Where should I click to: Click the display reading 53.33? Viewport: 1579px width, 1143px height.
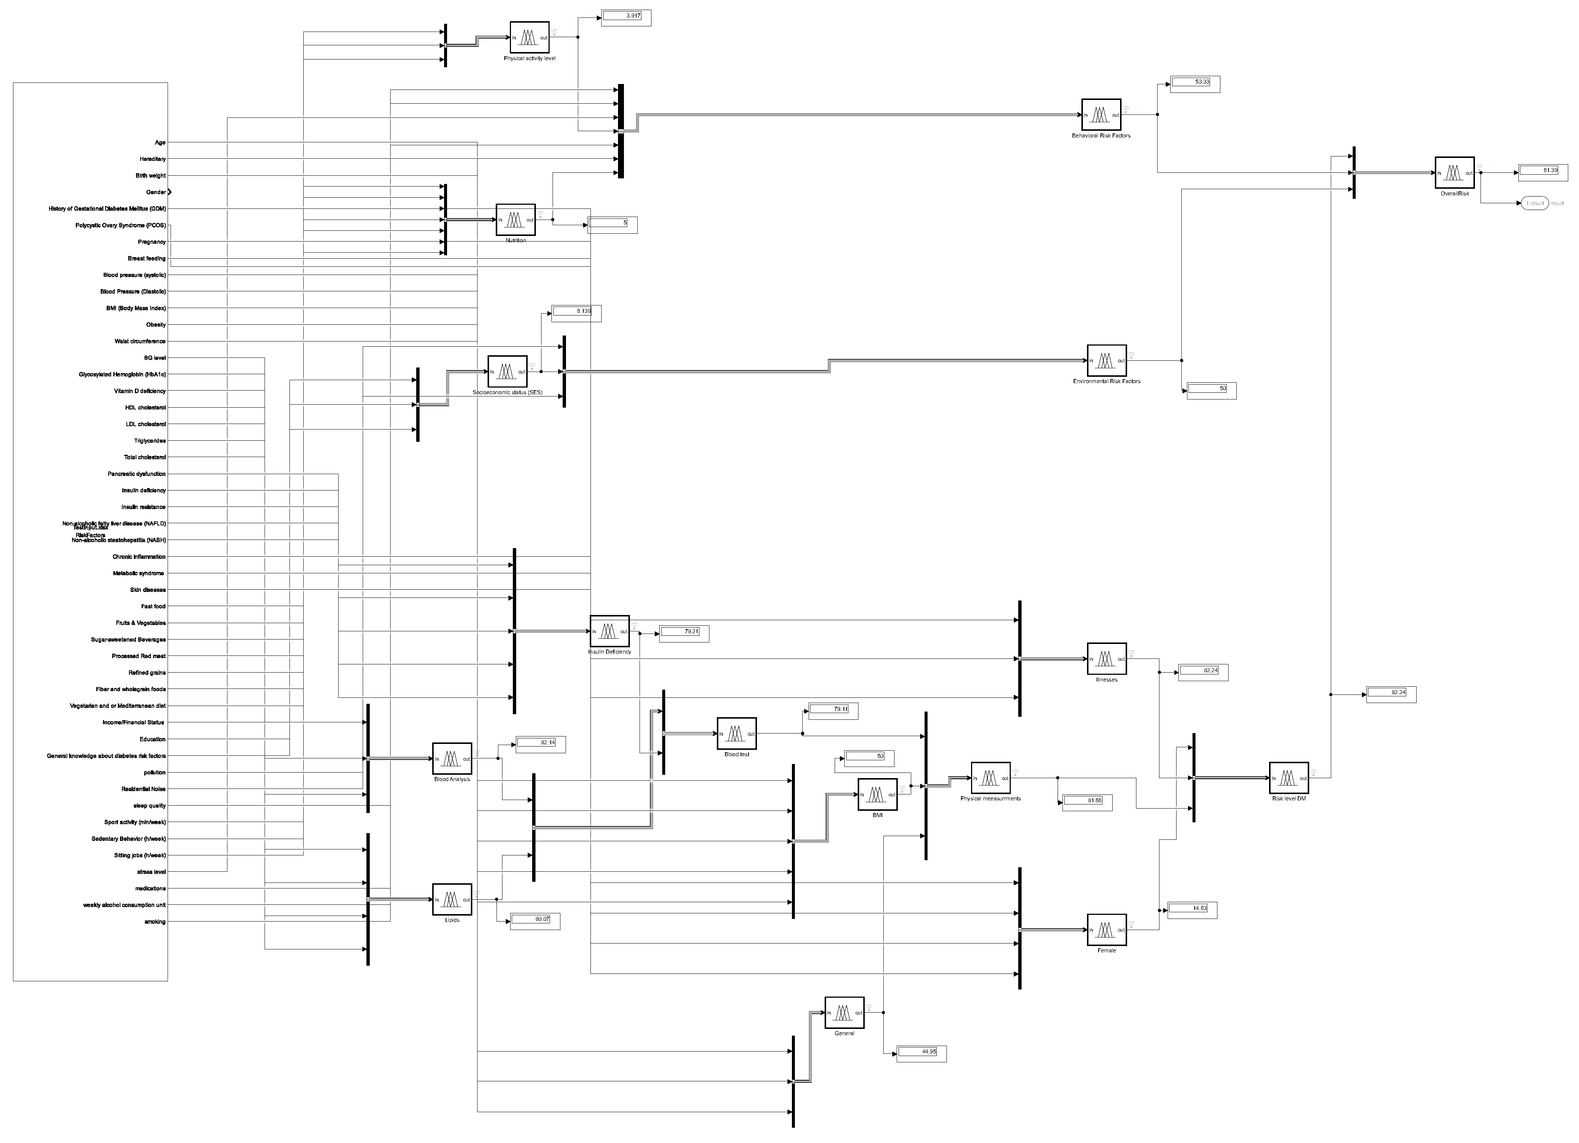(x=1195, y=84)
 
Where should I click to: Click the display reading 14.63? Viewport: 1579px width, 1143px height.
(x=1192, y=909)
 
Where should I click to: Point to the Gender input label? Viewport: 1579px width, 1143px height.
(x=155, y=192)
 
